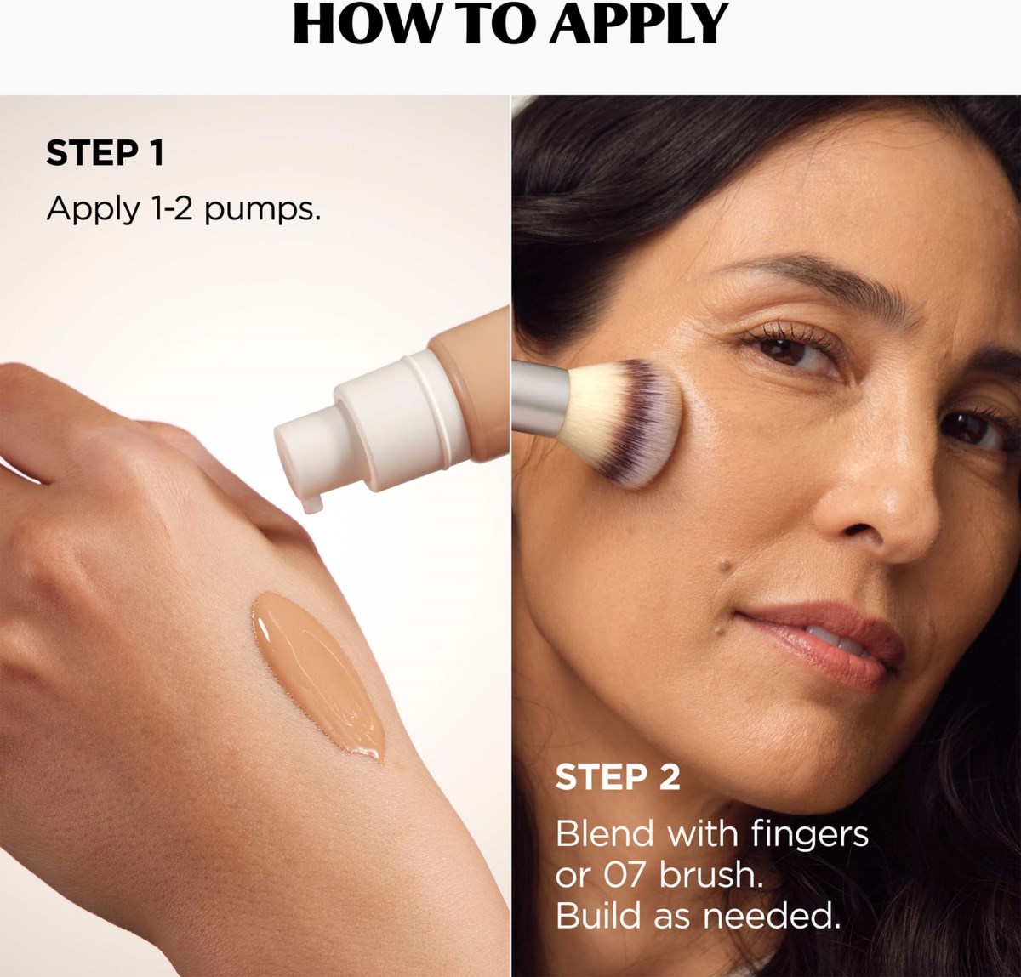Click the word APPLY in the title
pyautogui.click(x=638, y=24)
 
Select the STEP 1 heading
pyautogui.click(x=105, y=153)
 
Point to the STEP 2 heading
pyautogui.click(x=618, y=776)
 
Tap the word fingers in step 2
pyautogui.click(x=810, y=834)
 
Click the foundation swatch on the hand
pyautogui.click(x=318, y=676)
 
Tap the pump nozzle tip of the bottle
pyautogui.click(x=313, y=503)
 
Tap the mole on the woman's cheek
pyautogui.click(x=725, y=564)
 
